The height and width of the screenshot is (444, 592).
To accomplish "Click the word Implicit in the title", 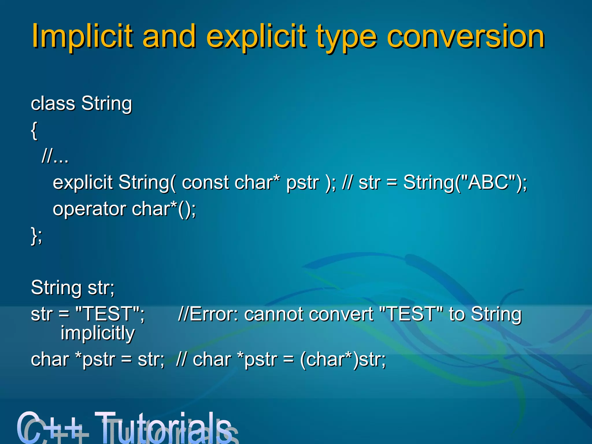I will coord(82,37).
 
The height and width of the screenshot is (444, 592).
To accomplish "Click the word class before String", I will coord(53,103).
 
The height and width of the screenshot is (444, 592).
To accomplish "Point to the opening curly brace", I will coord(34,131).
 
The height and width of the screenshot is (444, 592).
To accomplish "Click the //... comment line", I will coord(55,157).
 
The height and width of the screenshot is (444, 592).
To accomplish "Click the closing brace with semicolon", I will coord(36,236).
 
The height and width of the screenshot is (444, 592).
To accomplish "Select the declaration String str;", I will coord(73,288).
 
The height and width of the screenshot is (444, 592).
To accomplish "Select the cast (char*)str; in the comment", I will coord(343,360).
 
